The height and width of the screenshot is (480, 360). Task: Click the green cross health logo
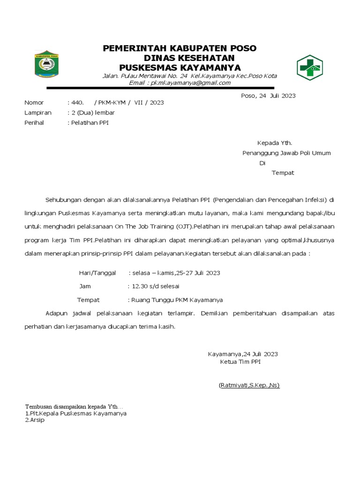coord(309,67)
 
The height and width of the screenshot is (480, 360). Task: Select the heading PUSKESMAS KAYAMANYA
coord(180,68)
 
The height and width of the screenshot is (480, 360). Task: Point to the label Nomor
coord(34,103)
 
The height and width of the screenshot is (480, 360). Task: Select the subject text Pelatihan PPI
coord(90,123)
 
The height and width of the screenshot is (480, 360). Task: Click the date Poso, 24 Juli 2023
coord(268,96)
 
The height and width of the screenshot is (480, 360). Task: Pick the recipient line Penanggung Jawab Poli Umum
coord(286,153)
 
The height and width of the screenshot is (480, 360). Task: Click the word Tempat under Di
coord(283,173)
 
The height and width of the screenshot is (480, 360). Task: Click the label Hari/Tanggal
coord(97,273)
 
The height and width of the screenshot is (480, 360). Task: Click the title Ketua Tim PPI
coord(240,362)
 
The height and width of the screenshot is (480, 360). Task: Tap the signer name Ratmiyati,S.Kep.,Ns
coord(249,385)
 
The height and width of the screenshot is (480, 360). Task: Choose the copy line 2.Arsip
coord(35,420)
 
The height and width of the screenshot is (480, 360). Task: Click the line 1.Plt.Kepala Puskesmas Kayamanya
coord(75,414)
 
